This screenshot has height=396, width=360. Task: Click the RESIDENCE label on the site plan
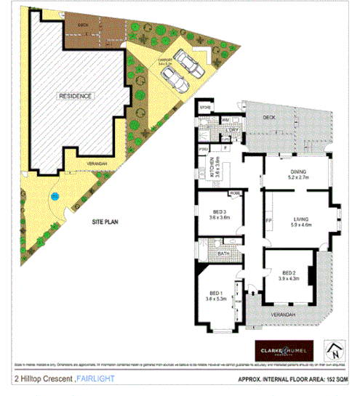pos(76,96)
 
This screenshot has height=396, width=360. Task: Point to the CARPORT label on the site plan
pos(165,61)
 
